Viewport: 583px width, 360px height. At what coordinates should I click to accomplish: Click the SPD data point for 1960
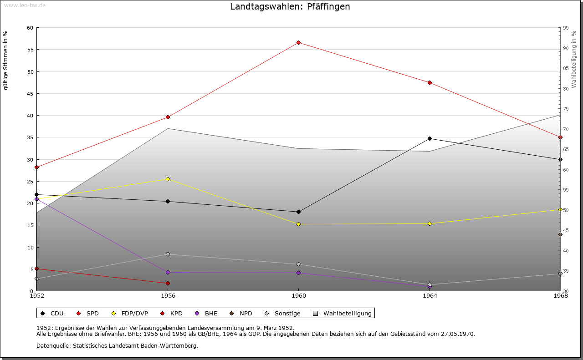tap(298, 42)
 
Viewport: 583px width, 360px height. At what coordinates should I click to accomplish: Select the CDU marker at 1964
tap(430, 138)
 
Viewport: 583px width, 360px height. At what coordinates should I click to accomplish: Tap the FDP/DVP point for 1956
tap(168, 179)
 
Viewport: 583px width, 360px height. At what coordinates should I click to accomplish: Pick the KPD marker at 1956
tap(168, 283)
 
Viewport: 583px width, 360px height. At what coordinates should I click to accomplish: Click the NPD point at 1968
tap(560, 235)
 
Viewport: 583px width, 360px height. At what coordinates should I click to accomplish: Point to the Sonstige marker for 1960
tap(298, 264)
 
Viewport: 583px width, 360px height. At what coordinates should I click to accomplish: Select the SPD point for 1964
tap(430, 82)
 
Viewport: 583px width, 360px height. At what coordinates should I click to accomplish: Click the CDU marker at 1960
tap(298, 212)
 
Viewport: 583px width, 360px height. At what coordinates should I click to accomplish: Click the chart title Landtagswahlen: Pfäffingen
tap(290, 7)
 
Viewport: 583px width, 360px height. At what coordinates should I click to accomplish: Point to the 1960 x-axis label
tap(298, 296)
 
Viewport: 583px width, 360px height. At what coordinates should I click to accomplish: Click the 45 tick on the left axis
tap(30, 94)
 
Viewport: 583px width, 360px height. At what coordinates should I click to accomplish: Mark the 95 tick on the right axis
tap(566, 28)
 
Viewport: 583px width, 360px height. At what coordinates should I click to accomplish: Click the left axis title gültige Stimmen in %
tap(6, 60)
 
